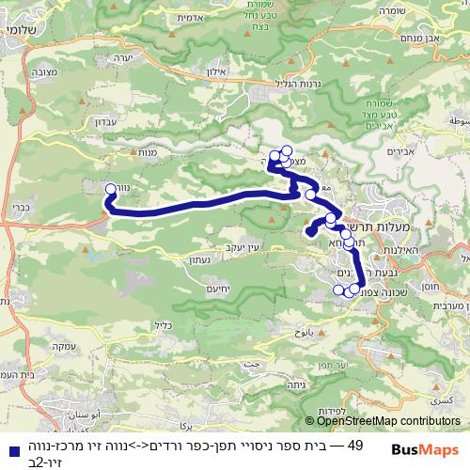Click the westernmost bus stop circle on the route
[111, 188]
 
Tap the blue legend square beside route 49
[11, 448]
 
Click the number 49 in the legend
[355, 444]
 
